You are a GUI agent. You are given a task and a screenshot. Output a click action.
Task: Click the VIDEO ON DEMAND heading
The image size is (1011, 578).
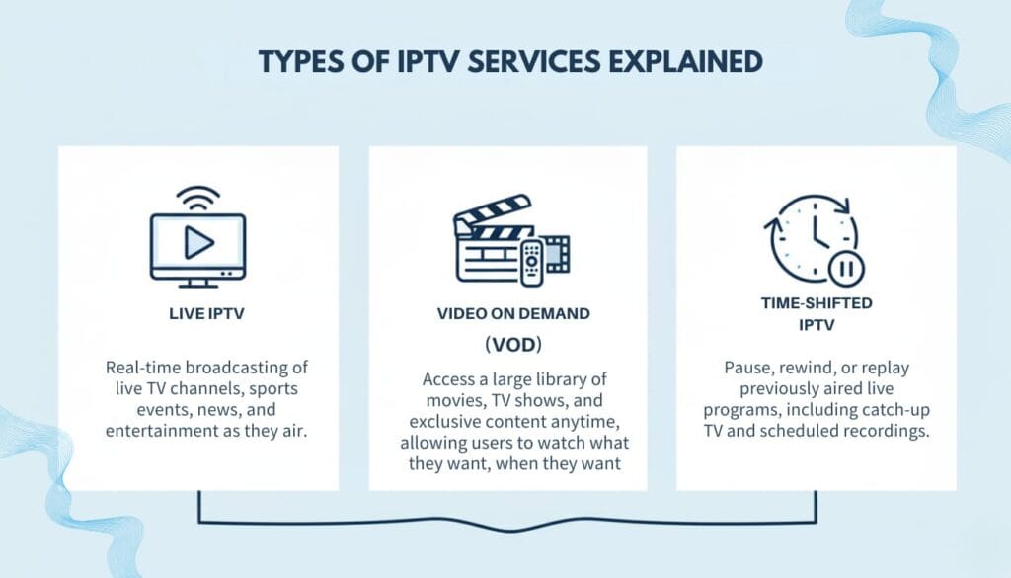click(x=513, y=314)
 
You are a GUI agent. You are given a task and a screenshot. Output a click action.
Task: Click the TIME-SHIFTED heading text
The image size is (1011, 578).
click(x=816, y=303)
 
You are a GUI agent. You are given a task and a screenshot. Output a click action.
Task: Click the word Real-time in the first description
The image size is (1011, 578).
click(x=140, y=368)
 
